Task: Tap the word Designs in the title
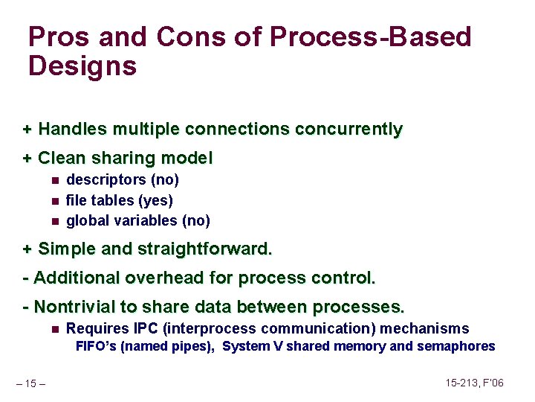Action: (x=82, y=66)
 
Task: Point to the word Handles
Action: (x=72, y=130)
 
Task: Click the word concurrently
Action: (x=348, y=130)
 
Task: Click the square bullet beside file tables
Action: (x=55, y=200)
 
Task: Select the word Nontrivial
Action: (x=77, y=307)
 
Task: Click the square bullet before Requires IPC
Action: (x=55, y=329)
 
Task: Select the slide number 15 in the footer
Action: (x=30, y=383)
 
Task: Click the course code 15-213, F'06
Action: (x=475, y=383)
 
